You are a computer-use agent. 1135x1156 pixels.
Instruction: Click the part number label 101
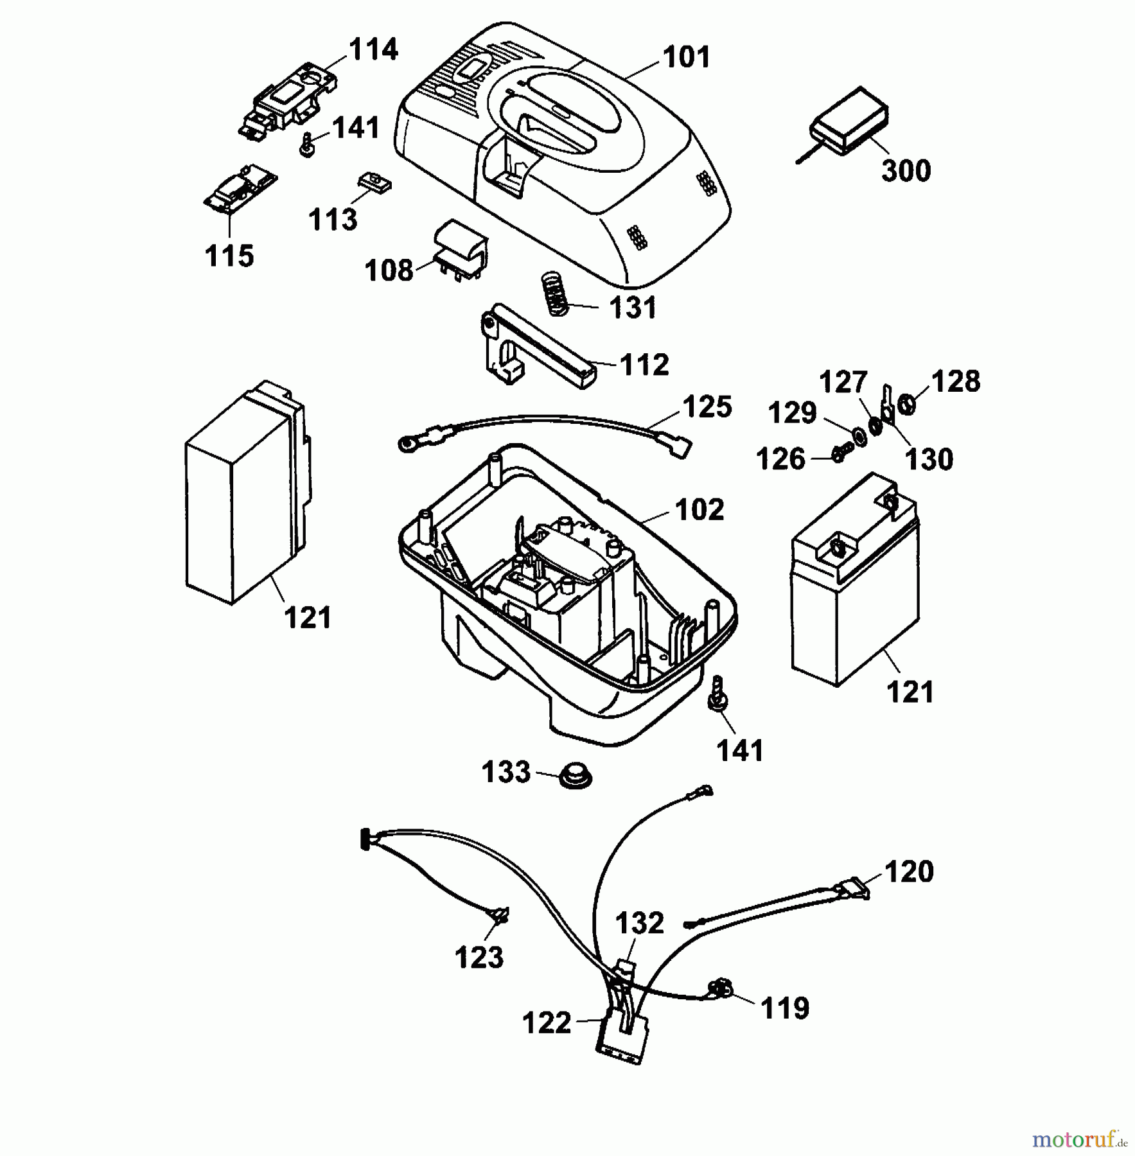[687, 57]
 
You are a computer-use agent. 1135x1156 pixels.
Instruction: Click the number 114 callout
[373, 49]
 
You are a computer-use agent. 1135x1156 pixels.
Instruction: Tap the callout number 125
[707, 407]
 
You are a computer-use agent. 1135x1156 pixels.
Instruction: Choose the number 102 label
[699, 510]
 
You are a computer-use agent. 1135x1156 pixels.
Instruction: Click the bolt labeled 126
[840, 454]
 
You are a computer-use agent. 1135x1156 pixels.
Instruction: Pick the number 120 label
[908, 872]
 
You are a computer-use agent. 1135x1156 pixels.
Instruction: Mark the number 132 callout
[639, 924]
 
